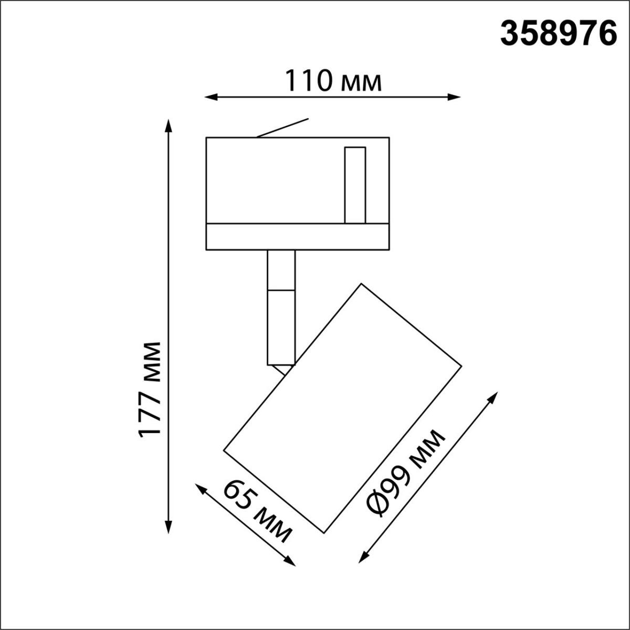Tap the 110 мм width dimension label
[333, 81]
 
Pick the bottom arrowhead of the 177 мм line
[168, 528]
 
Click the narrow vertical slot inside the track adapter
[354, 185]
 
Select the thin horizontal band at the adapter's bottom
[297, 237]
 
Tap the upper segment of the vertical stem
[281, 270]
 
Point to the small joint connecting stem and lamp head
[285, 369]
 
